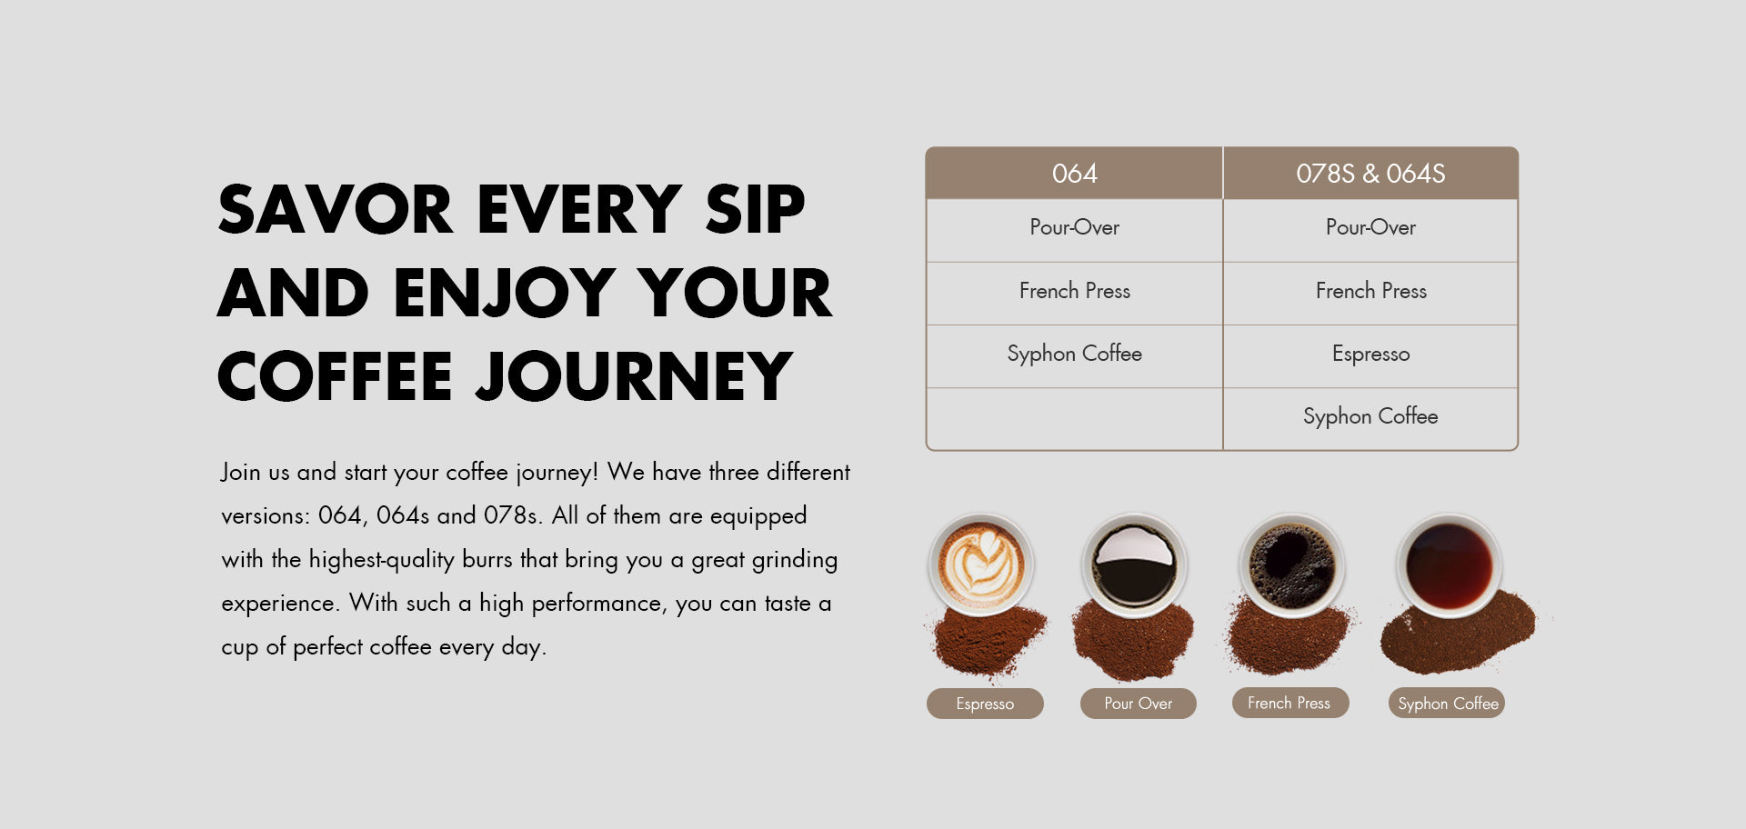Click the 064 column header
pyautogui.click(x=1074, y=173)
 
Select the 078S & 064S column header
pyautogui.click(x=1370, y=173)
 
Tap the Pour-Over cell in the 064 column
pyautogui.click(x=1074, y=227)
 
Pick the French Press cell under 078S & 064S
pyautogui.click(x=1370, y=291)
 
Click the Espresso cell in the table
pyautogui.click(x=1370, y=354)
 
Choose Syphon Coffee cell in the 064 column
pyautogui.click(x=1074, y=354)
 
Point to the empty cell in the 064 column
pyautogui.click(x=1074, y=418)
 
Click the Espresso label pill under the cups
pyautogui.click(x=985, y=704)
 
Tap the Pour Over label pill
pyautogui.click(x=1139, y=704)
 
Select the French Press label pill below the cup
pyautogui.click(x=1289, y=703)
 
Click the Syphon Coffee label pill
pyautogui.click(x=1447, y=703)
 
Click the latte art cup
pyautogui.click(x=981, y=565)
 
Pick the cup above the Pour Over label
pyautogui.click(x=1134, y=565)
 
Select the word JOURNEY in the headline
pyautogui.click(x=634, y=376)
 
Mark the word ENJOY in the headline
pyautogui.click(x=505, y=293)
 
